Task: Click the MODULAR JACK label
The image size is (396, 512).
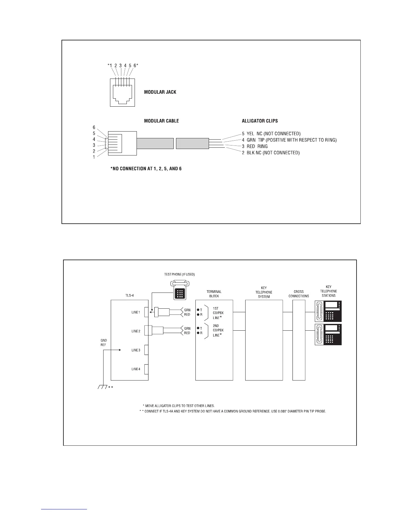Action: [x=160, y=92]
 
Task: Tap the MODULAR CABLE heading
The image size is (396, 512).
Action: [x=161, y=121]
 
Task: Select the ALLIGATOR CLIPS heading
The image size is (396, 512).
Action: [x=260, y=121]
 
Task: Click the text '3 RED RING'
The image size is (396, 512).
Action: [x=255, y=146]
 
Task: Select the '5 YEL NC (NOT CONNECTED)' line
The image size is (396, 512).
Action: [x=271, y=133]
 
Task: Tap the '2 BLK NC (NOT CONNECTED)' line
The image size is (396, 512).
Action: [x=270, y=153]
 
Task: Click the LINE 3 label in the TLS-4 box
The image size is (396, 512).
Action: [x=136, y=350]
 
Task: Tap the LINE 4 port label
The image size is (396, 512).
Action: [x=136, y=369]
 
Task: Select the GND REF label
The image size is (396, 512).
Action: [x=104, y=343]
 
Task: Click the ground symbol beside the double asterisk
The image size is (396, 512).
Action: [x=103, y=387]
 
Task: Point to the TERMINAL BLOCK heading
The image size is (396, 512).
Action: [x=214, y=294]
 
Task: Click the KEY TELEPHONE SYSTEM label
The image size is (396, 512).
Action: [x=264, y=292]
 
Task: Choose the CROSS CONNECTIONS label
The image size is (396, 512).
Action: [x=299, y=294]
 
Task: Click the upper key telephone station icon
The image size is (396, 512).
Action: [x=328, y=311]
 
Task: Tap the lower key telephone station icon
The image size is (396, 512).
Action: [x=328, y=334]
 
